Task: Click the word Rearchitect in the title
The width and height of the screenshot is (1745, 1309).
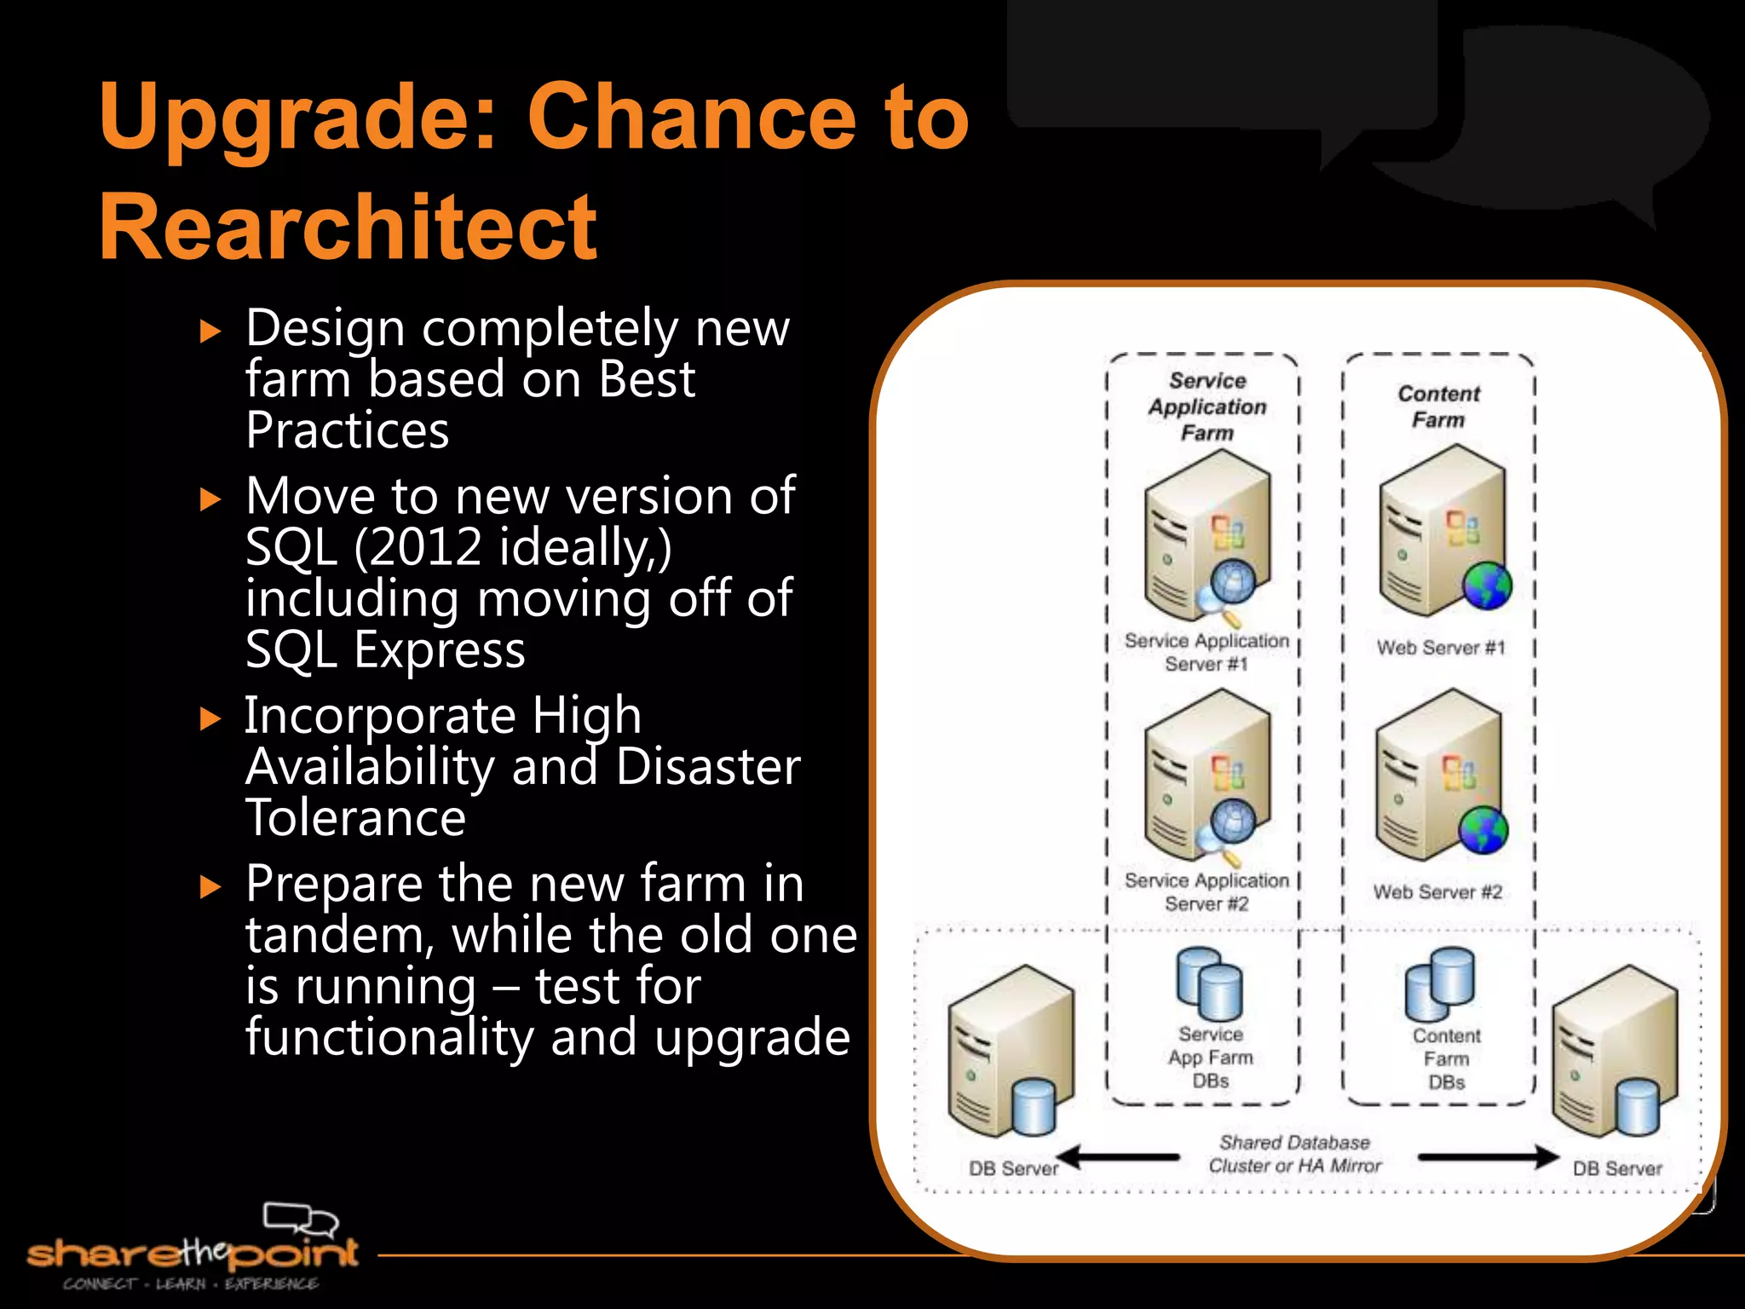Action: point(348,227)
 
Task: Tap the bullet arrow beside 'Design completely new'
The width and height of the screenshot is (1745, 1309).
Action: point(210,332)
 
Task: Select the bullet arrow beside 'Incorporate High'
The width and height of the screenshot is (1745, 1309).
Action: point(210,719)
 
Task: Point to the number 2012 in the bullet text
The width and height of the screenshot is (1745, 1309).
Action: point(426,547)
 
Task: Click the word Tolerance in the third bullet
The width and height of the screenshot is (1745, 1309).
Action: point(355,818)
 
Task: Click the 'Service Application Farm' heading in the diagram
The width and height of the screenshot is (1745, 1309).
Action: point(1207,407)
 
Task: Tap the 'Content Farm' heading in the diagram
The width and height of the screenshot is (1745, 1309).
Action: point(1439,407)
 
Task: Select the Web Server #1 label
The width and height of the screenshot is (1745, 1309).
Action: point(1441,648)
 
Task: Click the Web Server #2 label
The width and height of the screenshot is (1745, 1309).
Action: point(1437,892)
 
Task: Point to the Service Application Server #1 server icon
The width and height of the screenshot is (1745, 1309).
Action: point(1207,537)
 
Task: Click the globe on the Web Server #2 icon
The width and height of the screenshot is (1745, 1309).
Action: point(1483,830)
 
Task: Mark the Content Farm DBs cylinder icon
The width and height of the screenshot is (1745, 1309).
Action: point(1440,984)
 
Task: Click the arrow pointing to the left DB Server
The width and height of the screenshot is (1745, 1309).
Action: point(1116,1157)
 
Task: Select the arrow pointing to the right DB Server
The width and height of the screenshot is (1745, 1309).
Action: point(1487,1157)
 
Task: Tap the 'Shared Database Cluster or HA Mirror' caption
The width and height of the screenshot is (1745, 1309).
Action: point(1295,1154)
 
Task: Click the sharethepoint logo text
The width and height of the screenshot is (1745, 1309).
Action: point(193,1253)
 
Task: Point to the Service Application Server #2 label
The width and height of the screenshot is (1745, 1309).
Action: point(1207,891)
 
